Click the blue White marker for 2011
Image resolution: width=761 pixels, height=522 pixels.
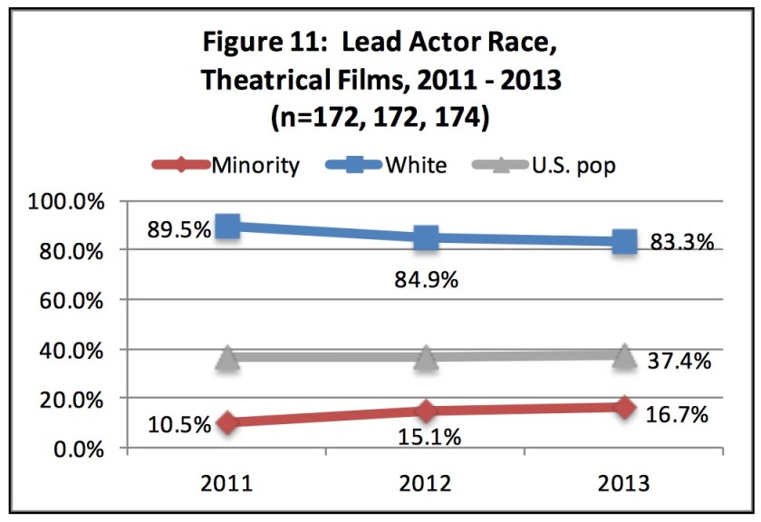[228, 227]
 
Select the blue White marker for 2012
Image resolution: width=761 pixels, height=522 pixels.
[426, 238]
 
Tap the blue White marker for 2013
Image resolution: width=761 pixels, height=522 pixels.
[624, 242]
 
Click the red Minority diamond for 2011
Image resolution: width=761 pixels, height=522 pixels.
[228, 422]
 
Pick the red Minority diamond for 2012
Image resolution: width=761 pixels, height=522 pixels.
[426, 411]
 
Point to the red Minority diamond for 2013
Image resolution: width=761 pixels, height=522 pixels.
[624, 407]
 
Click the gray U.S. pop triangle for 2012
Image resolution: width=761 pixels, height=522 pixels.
[426, 357]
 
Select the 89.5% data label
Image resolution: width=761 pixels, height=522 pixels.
[178, 227]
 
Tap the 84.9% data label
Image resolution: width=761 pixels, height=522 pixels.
[427, 279]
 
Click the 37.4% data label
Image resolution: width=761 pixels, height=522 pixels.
[679, 361]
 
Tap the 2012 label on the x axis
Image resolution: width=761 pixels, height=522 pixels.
[426, 482]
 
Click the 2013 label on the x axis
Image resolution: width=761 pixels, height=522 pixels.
[624, 482]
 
